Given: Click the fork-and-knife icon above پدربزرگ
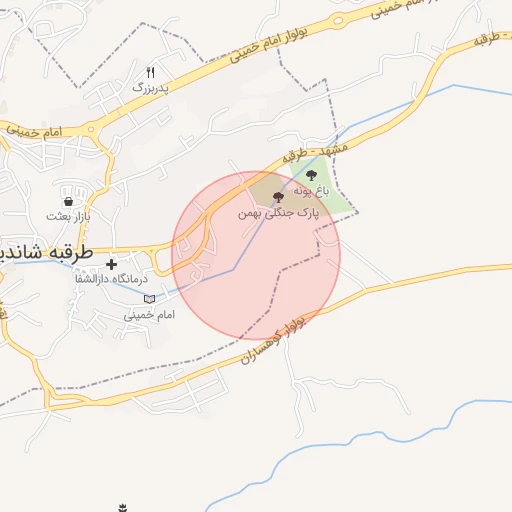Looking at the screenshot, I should (x=151, y=72).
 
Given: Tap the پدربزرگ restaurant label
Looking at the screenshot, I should (x=151, y=88).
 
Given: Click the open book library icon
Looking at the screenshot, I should (x=150, y=298).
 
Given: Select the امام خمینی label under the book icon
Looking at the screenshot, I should (x=150, y=314).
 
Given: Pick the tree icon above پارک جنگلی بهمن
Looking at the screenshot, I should (x=278, y=198).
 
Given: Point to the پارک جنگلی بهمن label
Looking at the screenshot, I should (x=278, y=213).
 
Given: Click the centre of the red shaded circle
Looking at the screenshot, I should (x=256, y=255).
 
